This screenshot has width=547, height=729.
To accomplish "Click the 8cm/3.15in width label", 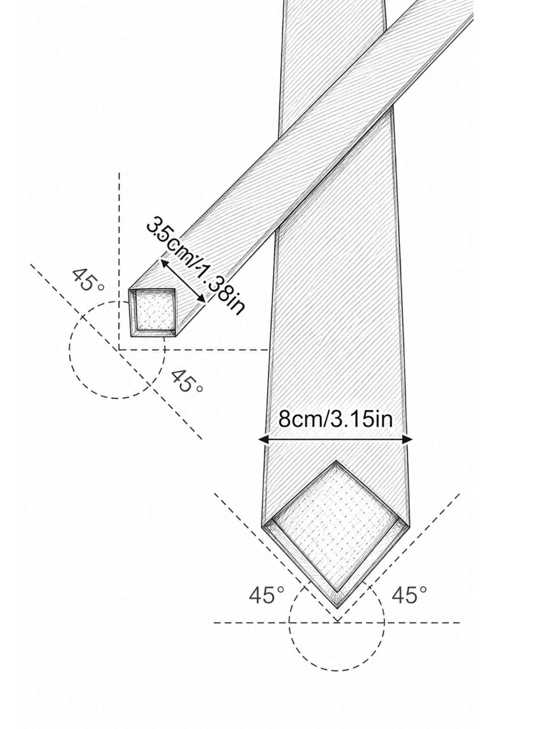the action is (x=335, y=419).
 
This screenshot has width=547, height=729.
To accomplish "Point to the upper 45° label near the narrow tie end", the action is (x=88, y=280).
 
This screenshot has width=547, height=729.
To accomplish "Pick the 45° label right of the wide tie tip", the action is (x=409, y=595).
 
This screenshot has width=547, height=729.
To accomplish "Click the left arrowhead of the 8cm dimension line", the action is (x=263, y=440).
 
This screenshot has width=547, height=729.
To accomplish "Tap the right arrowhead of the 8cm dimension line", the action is (x=407, y=440).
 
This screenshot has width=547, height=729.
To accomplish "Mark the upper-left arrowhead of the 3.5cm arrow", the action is (x=164, y=264).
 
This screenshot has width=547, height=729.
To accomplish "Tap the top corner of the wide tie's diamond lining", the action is (x=336, y=461).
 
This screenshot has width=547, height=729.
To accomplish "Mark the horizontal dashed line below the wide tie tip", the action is (x=337, y=623).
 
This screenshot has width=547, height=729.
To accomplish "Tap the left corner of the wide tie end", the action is (x=263, y=526).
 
